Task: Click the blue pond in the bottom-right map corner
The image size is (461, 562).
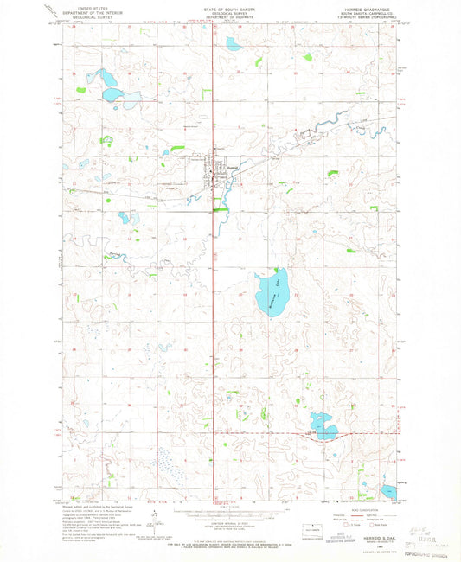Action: coord(389,492)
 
